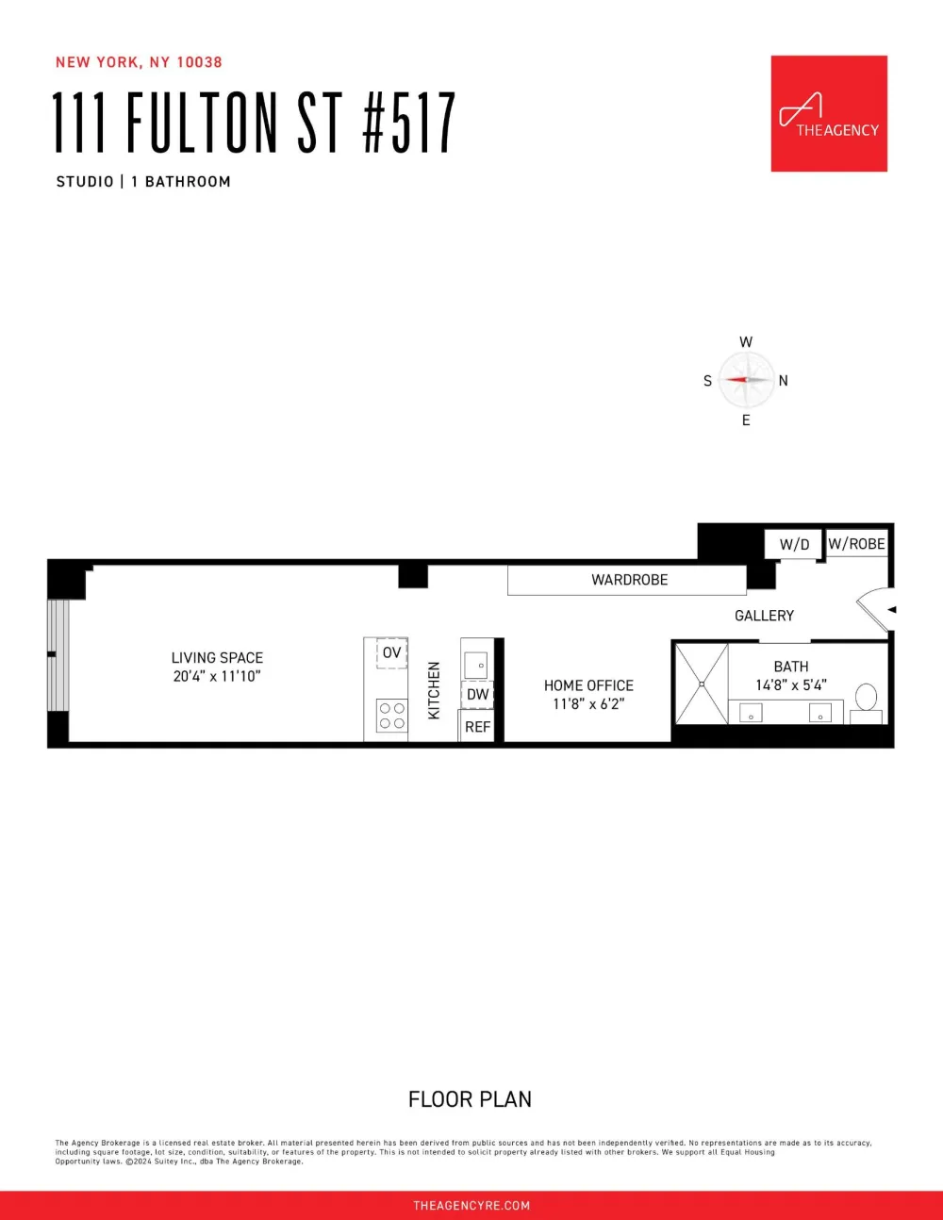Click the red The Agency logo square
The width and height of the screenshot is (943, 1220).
829,113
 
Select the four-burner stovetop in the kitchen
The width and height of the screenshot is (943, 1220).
391,716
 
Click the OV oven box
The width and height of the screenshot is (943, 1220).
391,653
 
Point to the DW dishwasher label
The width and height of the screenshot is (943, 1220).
478,695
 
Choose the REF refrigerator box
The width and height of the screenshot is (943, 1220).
477,726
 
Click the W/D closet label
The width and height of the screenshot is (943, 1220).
794,544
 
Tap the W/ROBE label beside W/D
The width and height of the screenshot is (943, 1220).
856,543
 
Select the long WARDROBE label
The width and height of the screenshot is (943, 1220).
630,580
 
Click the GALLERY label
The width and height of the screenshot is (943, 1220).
765,616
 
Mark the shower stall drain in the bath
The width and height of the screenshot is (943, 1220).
702,684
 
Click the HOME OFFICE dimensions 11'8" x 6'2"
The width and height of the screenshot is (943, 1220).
588,704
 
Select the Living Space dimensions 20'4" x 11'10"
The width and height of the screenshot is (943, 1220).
217,676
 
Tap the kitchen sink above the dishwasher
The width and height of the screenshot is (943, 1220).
476,665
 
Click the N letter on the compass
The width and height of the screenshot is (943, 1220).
783,381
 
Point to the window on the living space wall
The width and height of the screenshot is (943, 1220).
58,655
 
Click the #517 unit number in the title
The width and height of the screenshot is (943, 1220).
409,123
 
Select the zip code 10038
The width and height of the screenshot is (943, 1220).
199,62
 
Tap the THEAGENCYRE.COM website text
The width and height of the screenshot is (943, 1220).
471,1206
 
